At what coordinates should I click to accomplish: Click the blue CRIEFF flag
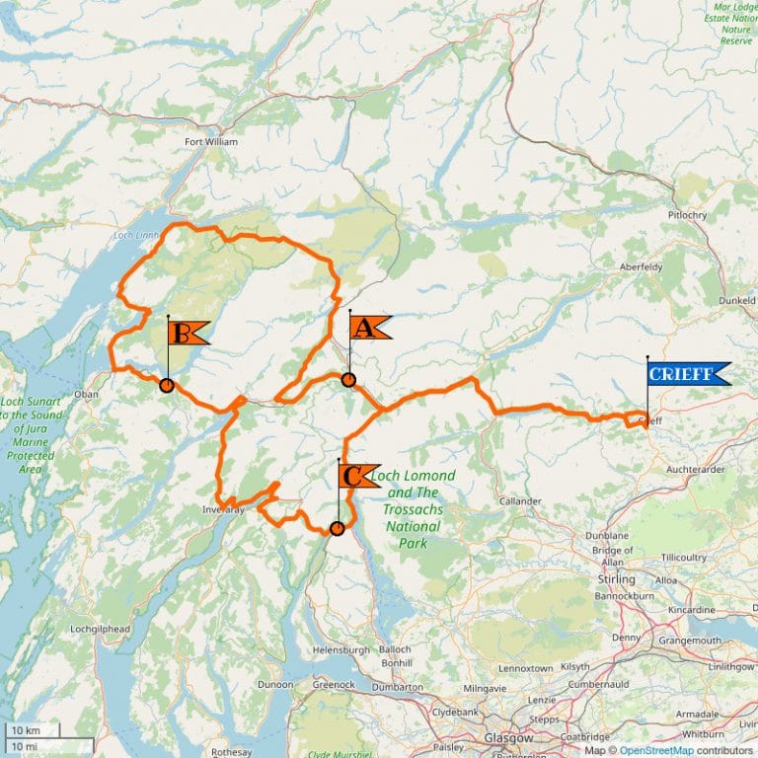point(688,373)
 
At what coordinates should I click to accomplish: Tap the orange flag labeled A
point(368,328)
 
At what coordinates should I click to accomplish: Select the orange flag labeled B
point(187,333)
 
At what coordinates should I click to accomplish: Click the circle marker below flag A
point(348,380)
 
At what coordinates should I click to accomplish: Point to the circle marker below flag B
point(167,386)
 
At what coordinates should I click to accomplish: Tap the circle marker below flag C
point(337,529)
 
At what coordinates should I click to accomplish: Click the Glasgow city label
point(508,738)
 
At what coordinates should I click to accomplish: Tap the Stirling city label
point(618,579)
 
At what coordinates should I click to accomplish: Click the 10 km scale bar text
point(25,730)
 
